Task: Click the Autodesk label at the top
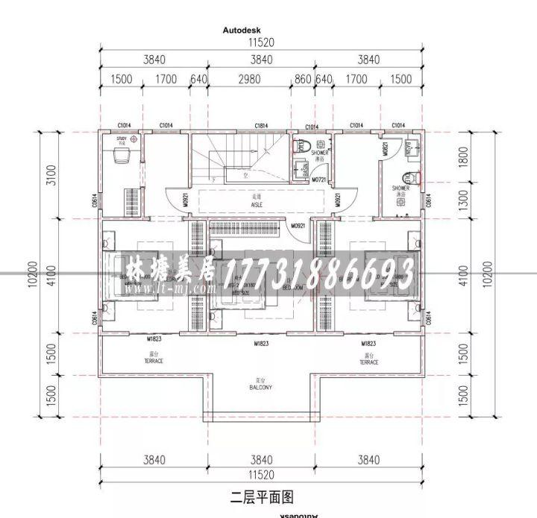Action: pyautogui.click(x=241, y=31)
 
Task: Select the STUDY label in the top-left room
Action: pyautogui.click(x=121, y=139)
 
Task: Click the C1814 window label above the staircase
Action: pyautogui.click(x=261, y=125)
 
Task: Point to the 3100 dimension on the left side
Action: pyautogui.click(x=50, y=176)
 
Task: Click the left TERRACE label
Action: pyautogui.click(x=154, y=359)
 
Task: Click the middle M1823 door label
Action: pyautogui.click(x=261, y=344)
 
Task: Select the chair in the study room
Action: pyautogui.click(x=120, y=157)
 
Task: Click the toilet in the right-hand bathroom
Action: pyautogui.click(x=409, y=177)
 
